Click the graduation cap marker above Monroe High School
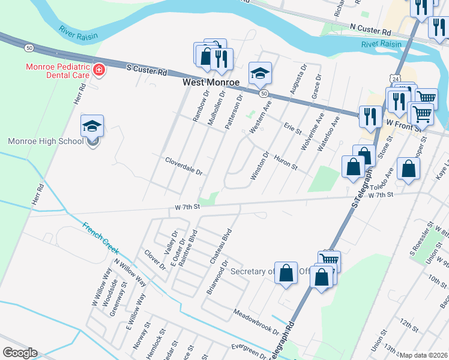(x=92, y=126)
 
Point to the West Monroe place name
(x=211, y=82)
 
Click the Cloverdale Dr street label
(x=184, y=166)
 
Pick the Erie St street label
(x=292, y=128)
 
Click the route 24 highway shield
(x=393, y=79)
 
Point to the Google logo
(x=20, y=353)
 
